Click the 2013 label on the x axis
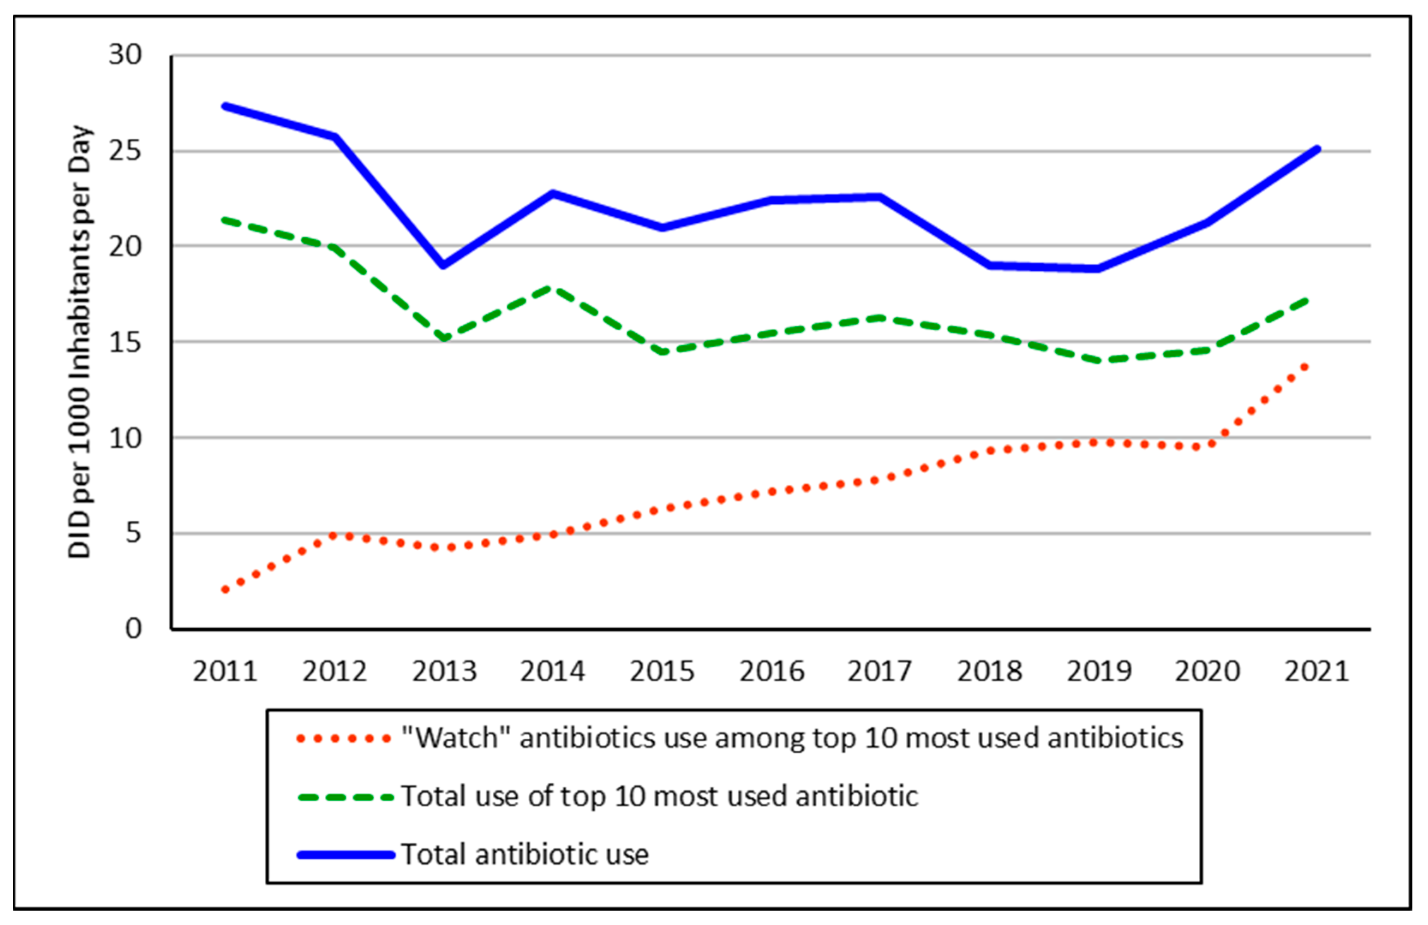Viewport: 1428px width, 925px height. point(443,671)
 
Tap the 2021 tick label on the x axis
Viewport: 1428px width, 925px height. point(1317,671)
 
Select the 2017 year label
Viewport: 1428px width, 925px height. point(880,671)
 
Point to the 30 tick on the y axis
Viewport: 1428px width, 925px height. point(125,55)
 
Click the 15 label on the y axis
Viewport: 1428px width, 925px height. point(125,343)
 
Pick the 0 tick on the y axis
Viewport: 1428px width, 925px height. point(133,629)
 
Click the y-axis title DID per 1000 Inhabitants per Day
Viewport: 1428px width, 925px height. point(79,342)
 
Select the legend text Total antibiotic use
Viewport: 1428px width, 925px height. point(525,854)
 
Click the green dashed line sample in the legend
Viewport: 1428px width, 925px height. point(346,797)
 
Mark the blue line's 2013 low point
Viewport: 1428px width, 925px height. point(443,265)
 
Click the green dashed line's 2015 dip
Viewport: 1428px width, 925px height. point(662,352)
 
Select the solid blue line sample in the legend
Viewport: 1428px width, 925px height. point(346,855)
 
